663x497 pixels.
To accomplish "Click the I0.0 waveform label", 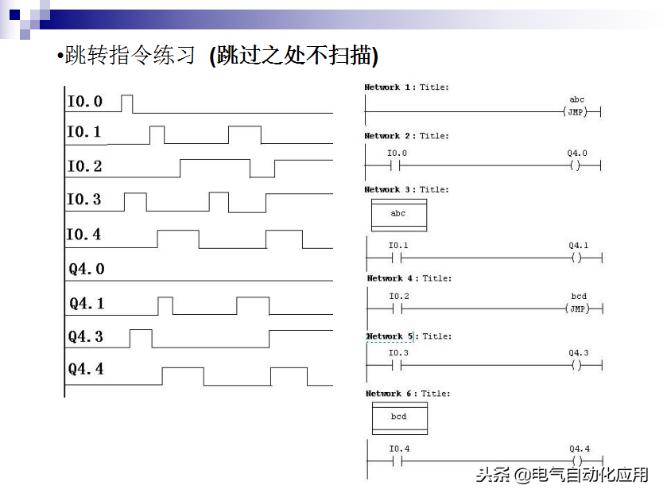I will (x=84, y=102).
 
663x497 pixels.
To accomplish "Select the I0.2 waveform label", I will (x=84, y=167).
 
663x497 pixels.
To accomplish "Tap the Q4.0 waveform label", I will (x=86, y=270).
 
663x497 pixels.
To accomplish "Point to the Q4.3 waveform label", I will (x=86, y=337).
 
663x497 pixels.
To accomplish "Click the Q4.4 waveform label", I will (x=86, y=370).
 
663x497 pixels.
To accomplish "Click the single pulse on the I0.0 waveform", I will (x=127, y=103).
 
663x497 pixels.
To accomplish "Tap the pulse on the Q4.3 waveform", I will (x=141, y=338).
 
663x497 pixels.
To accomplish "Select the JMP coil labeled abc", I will (x=576, y=112).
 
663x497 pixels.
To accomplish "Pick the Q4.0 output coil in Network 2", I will (x=576, y=165).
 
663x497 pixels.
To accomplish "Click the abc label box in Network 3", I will (x=398, y=214).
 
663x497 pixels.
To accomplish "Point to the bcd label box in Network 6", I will (x=399, y=417).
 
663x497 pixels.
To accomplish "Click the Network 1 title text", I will (x=406, y=87).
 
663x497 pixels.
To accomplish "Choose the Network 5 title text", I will (x=409, y=336).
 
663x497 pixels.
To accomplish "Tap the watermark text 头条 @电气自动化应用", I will (x=562, y=475).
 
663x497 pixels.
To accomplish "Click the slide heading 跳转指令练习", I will (x=130, y=56).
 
